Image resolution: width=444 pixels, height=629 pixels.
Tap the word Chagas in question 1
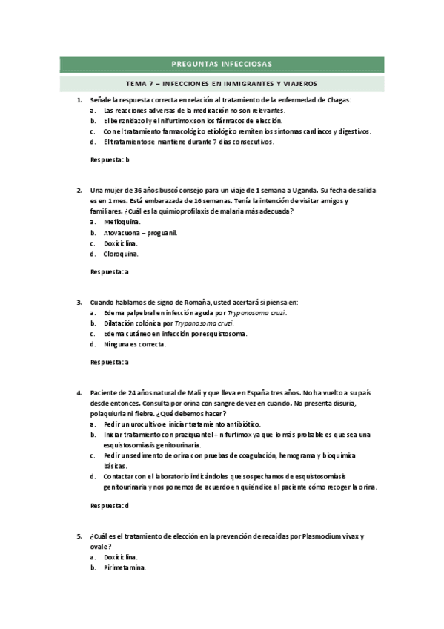[x=337, y=99]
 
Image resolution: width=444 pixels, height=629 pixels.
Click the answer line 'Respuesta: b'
[x=110, y=159]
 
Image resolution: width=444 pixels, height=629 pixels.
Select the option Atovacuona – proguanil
[x=141, y=232]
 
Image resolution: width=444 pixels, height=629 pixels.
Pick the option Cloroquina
[x=121, y=254]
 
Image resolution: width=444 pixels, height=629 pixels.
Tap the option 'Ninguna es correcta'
[x=135, y=344]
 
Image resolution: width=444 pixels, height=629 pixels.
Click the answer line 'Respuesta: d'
[x=110, y=505]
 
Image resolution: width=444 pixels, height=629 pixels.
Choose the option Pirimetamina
[x=125, y=567]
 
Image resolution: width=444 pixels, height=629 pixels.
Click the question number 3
[x=79, y=302]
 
